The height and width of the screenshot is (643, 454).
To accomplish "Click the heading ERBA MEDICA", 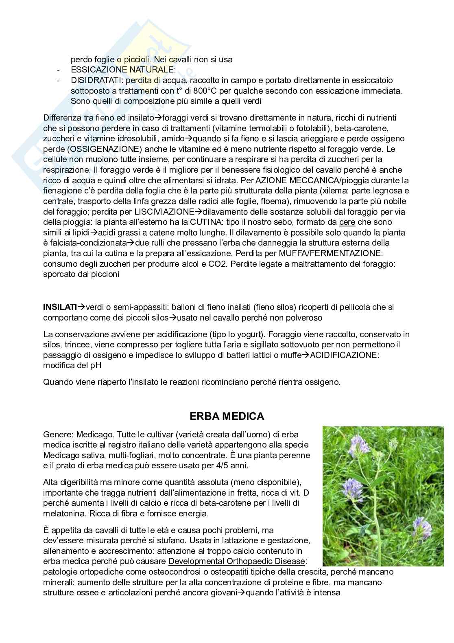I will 227,416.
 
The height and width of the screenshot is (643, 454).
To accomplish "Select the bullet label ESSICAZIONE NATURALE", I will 123,70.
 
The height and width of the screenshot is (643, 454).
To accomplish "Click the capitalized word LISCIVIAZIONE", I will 164,212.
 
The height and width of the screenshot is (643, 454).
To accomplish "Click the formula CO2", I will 221,264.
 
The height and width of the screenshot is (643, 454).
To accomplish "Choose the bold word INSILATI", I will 60,307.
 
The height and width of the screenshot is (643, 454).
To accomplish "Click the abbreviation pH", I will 96,365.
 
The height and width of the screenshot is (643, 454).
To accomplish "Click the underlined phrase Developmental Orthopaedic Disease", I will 237,562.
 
